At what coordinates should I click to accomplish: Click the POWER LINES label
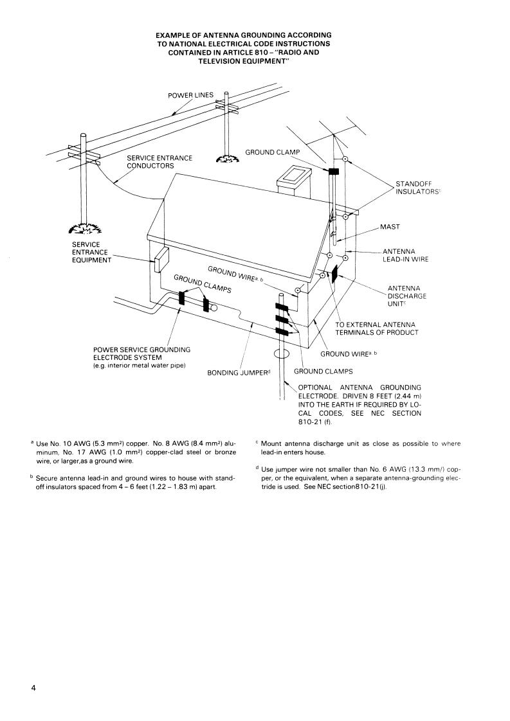tap(190, 96)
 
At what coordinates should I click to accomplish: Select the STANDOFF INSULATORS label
tap(418, 188)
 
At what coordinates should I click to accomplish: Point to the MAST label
tap(390, 227)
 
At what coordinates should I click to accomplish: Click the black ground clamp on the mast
tap(333, 172)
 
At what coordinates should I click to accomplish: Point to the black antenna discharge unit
tap(334, 272)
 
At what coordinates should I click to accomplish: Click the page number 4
tap(33, 688)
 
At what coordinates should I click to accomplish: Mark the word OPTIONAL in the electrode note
tap(315, 387)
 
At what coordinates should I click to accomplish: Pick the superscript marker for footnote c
tap(257, 443)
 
